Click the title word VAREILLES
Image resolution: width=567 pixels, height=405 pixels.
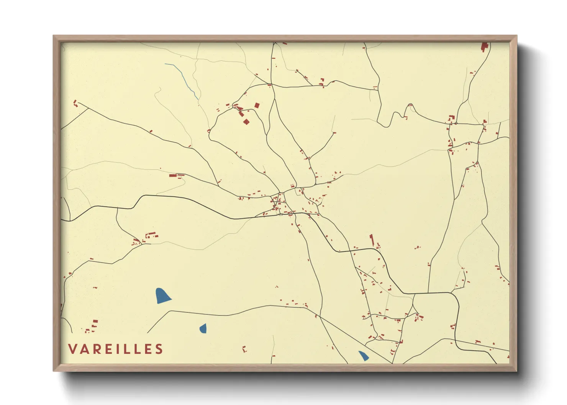coord(116,349)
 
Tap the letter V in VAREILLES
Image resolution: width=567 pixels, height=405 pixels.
coord(72,349)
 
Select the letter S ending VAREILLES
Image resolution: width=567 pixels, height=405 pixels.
coord(159,349)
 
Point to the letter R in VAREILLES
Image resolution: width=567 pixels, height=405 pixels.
coord(94,349)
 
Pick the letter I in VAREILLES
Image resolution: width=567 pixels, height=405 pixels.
coord(116,349)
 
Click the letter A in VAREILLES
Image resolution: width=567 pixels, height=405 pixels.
coord(83,349)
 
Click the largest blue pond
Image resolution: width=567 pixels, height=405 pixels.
coord(162,296)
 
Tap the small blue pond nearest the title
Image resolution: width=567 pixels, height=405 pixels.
coord(203,328)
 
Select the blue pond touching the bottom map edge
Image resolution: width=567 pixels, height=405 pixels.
coord(363,356)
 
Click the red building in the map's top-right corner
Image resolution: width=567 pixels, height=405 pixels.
coord(484,47)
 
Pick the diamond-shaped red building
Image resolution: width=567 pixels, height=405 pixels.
coord(246,122)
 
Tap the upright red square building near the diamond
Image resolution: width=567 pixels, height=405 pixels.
coord(257,105)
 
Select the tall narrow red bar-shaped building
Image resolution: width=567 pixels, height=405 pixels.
coord(371,240)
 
